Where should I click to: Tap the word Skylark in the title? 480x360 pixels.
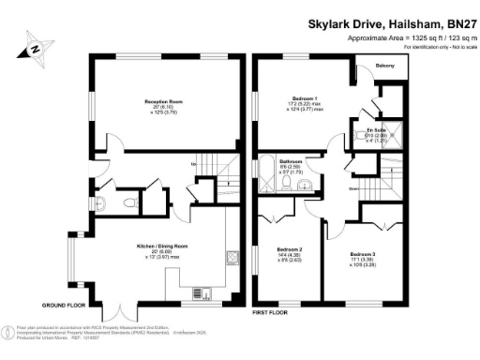(x=330, y=22)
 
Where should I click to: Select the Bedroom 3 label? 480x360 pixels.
(x=362, y=254)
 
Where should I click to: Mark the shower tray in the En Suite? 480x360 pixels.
(x=395, y=132)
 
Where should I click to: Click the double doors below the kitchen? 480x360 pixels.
(x=115, y=311)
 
